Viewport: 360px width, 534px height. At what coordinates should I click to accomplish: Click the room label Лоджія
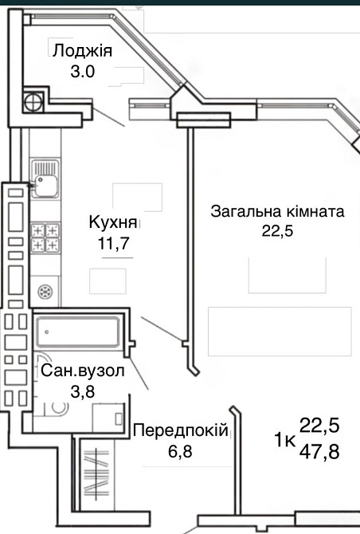tap(82, 52)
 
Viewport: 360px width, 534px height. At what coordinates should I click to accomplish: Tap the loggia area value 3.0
tap(82, 71)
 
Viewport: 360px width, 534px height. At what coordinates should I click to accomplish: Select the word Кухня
tap(113, 222)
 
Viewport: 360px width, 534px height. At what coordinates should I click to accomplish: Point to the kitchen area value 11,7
tap(113, 244)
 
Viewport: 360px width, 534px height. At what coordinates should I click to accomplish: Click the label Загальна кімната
tap(276, 212)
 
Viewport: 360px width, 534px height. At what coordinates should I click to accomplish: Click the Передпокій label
tap(180, 430)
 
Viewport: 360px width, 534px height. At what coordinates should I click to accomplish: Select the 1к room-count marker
tap(285, 439)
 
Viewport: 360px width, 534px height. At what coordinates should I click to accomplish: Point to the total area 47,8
tap(319, 452)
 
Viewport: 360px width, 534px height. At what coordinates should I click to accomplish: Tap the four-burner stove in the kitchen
tap(45, 238)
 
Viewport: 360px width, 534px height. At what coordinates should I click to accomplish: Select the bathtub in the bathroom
tap(76, 328)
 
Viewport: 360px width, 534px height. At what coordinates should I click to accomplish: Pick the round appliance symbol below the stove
tap(45, 290)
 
